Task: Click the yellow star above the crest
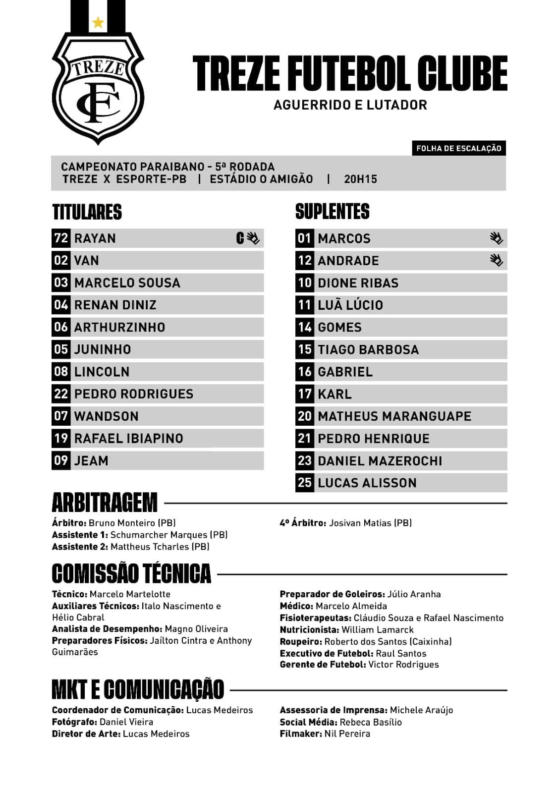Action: (98, 22)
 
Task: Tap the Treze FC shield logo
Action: (98, 89)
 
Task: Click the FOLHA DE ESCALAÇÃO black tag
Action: (458, 148)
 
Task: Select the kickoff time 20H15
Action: (360, 179)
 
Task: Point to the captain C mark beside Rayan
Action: (240, 238)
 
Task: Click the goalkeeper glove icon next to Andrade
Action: (496, 260)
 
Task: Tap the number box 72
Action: (61, 238)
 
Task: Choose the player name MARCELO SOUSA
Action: (127, 283)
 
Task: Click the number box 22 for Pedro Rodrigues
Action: (61, 394)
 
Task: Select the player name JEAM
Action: (91, 461)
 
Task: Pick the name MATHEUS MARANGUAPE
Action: (394, 416)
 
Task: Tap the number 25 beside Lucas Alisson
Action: (305, 483)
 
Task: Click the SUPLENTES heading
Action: (332, 212)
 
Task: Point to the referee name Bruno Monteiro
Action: (132, 523)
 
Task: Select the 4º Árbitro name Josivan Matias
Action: (370, 523)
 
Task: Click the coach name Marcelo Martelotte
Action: (130, 594)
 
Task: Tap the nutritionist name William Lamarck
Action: (377, 630)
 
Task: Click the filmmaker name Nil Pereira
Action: (347, 734)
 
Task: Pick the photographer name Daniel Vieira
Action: (126, 722)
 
